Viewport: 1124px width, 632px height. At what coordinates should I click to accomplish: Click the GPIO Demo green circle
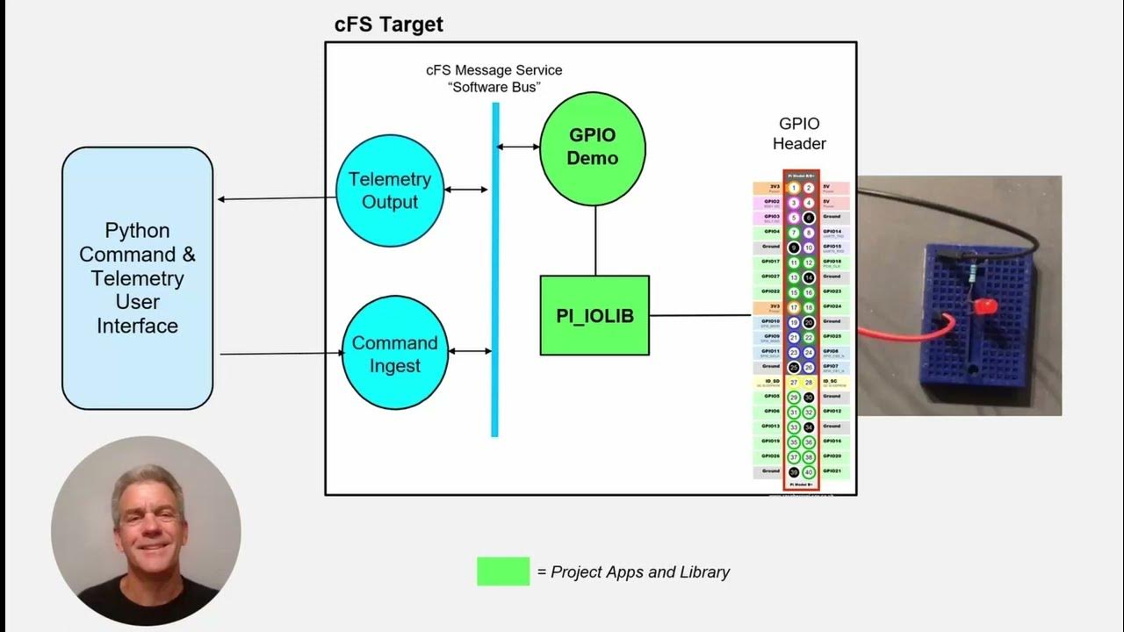click(x=593, y=147)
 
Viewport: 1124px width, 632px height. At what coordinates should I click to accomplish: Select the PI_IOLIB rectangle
click(x=594, y=315)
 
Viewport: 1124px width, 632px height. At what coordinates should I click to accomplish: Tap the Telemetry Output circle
click(x=390, y=190)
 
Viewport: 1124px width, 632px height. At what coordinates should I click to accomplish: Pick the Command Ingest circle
click(x=394, y=353)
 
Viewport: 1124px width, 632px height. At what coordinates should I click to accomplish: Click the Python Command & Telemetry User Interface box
click(x=137, y=277)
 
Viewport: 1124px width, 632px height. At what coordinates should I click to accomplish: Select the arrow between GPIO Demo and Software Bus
click(x=518, y=147)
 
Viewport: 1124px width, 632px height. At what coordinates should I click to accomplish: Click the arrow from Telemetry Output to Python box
click(x=276, y=198)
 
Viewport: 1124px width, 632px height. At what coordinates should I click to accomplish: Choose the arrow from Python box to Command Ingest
click(x=281, y=354)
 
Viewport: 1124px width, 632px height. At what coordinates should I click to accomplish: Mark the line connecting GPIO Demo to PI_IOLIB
click(x=594, y=241)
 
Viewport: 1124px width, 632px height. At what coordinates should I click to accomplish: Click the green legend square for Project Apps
click(x=503, y=571)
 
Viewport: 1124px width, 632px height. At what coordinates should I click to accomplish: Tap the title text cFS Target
click(x=388, y=25)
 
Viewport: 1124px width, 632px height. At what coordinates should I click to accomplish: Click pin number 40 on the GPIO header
click(x=809, y=472)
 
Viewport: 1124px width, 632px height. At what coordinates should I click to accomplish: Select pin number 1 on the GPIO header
click(x=794, y=188)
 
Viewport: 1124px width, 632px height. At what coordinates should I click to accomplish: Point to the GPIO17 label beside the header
click(x=770, y=262)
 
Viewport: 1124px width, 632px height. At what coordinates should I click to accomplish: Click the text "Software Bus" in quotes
click(x=494, y=88)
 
